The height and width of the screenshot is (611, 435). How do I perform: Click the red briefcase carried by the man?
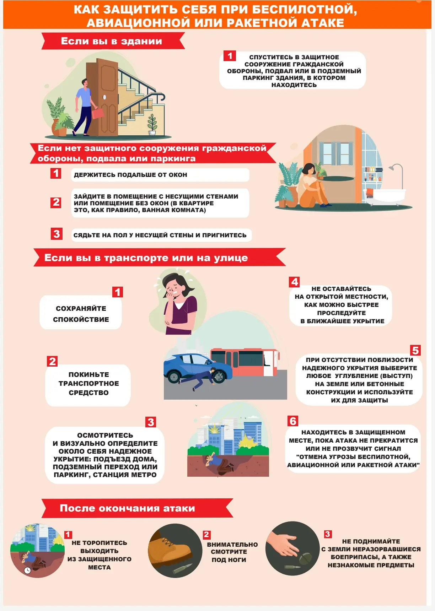pyautogui.click(x=97, y=113)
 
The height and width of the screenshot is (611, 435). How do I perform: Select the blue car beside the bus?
pyautogui.click(x=198, y=368)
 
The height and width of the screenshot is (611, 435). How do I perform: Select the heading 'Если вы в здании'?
pyautogui.click(x=111, y=41)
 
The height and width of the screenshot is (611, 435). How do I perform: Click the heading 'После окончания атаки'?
pyautogui.click(x=127, y=508)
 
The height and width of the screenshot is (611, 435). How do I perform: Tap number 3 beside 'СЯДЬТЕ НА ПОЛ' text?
pyautogui.click(x=57, y=234)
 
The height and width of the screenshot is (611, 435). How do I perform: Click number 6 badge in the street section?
pyautogui.click(x=293, y=421)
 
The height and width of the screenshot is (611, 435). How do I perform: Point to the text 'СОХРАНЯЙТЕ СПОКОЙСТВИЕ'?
pyautogui.click(x=81, y=314)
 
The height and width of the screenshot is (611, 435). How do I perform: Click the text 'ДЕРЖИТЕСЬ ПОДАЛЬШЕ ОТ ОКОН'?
pyautogui.click(x=130, y=175)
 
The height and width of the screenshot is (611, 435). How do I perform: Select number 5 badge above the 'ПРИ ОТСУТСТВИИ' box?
pyautogui.click(x=415, y=351)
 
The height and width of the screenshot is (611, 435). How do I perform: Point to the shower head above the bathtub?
pyautogui.click(x=391, y=167)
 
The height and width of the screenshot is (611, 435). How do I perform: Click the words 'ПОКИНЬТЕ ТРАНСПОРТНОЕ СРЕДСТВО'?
pyautogui.click(x=89, y=384)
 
